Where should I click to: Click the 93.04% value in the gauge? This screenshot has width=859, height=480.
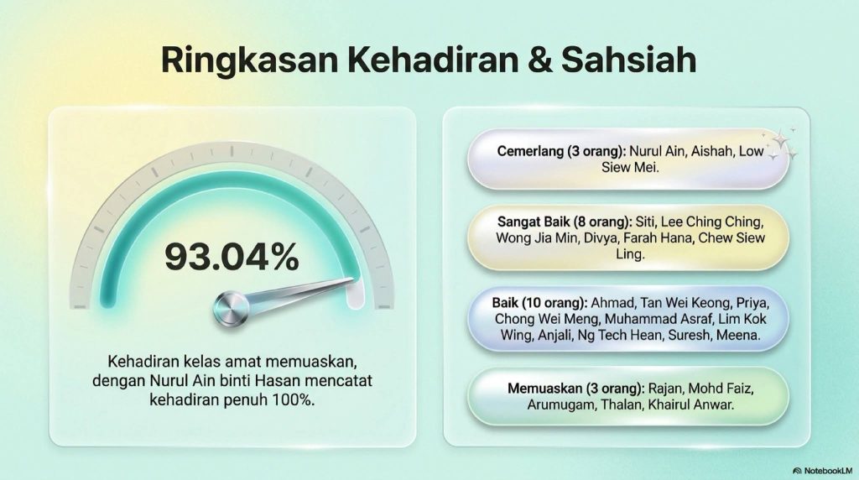pyautogui.click(x=232, y=257)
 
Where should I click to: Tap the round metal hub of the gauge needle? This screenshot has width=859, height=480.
pyautogui.click(x=231, y=309)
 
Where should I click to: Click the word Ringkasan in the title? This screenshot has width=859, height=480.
pyautogui.click(x=249, y=60)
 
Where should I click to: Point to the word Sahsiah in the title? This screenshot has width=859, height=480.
pyautogui.click(x=629, y=60)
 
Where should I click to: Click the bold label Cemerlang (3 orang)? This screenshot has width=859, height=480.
pyautogui.click(x=561, y=151)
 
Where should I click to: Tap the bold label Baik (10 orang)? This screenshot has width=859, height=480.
pyautogui.click(x=539, y=303)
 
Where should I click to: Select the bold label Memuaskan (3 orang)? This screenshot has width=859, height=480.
pyautogui.click(x=575, y=389)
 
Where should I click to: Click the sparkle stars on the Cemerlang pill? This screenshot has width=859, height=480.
pyautogui.click(x=781, y=144)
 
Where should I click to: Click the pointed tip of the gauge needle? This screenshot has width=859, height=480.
pyautogui.click(x=353, y=280)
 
